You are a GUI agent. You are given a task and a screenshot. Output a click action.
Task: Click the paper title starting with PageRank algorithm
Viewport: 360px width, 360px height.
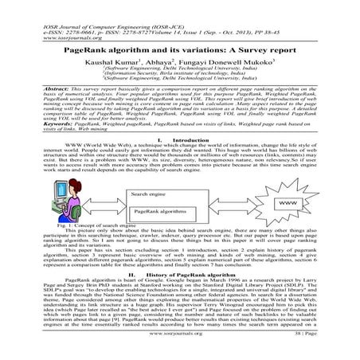(179, 49)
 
